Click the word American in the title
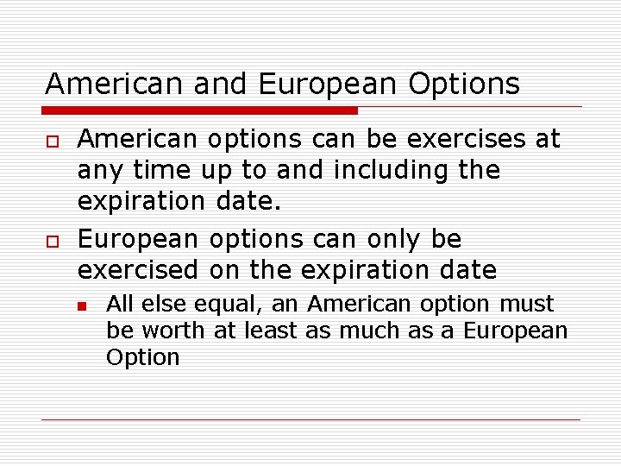(114, 85)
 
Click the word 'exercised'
(138, 270)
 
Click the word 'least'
(271, 331)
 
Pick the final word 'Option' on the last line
(142, 357)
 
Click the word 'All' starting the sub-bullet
(119, 304)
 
